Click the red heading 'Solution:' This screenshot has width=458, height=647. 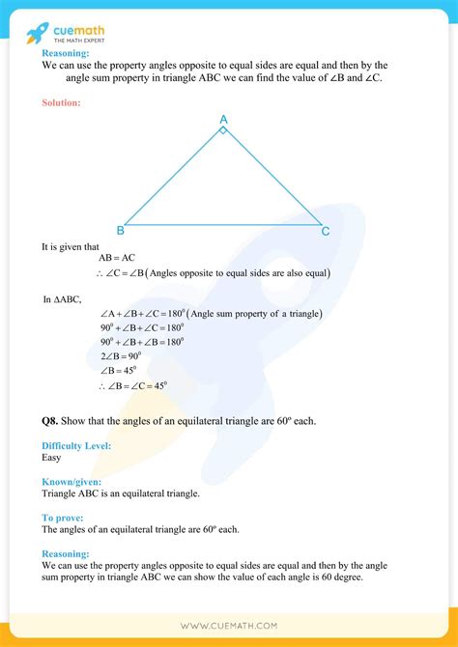point(62,101)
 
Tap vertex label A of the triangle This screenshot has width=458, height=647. point(223,120)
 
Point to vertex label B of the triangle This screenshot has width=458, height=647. point(120,231)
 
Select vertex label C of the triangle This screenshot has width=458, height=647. point(326,231)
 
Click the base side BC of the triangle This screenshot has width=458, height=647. point(222,226)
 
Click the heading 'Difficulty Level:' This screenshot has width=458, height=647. point(76,445)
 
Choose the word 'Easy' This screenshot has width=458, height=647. point(52,458)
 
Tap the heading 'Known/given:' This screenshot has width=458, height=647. point(72,481)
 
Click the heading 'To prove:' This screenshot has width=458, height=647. point(63,518)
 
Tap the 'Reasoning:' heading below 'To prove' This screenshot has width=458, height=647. point(65,554)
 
